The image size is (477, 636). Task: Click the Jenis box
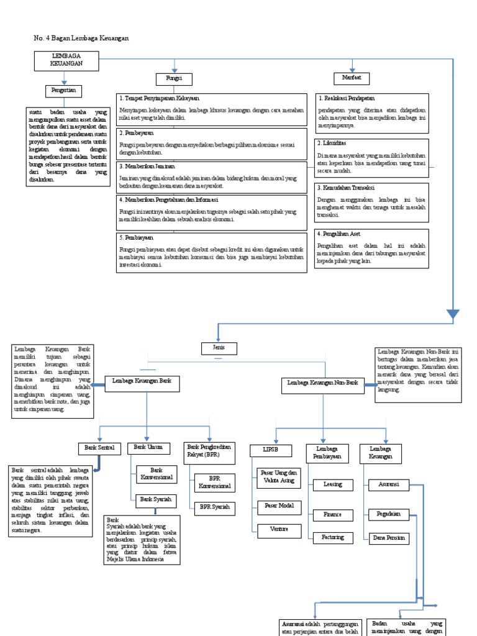pyautogui.click(x=217, y=347)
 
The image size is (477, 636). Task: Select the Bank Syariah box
pyautogui.click(x=155, y=499)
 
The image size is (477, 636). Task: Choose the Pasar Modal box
pyautogui.click(x=279, y=506)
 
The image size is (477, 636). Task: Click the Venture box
pyautogui.click(x=279, y=530)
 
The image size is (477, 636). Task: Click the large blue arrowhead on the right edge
pyautogui.click(x=453, y=314)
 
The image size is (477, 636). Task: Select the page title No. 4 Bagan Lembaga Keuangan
pyautogui.click(x=81, y=39)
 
